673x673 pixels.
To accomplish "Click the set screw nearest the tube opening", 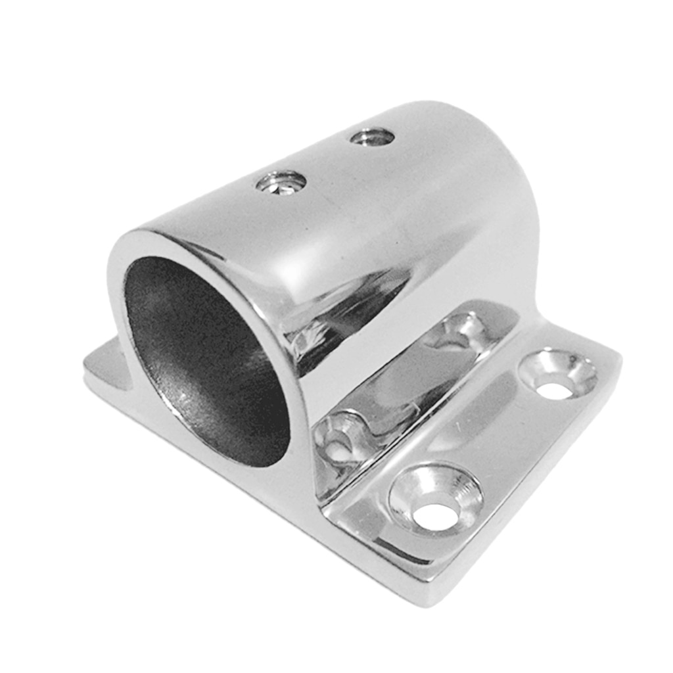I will coord(281,182).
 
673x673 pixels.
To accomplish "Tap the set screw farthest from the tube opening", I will coord(372,137).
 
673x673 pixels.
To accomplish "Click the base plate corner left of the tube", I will coord(99,365).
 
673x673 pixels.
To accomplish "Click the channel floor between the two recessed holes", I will coord(401,388).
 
